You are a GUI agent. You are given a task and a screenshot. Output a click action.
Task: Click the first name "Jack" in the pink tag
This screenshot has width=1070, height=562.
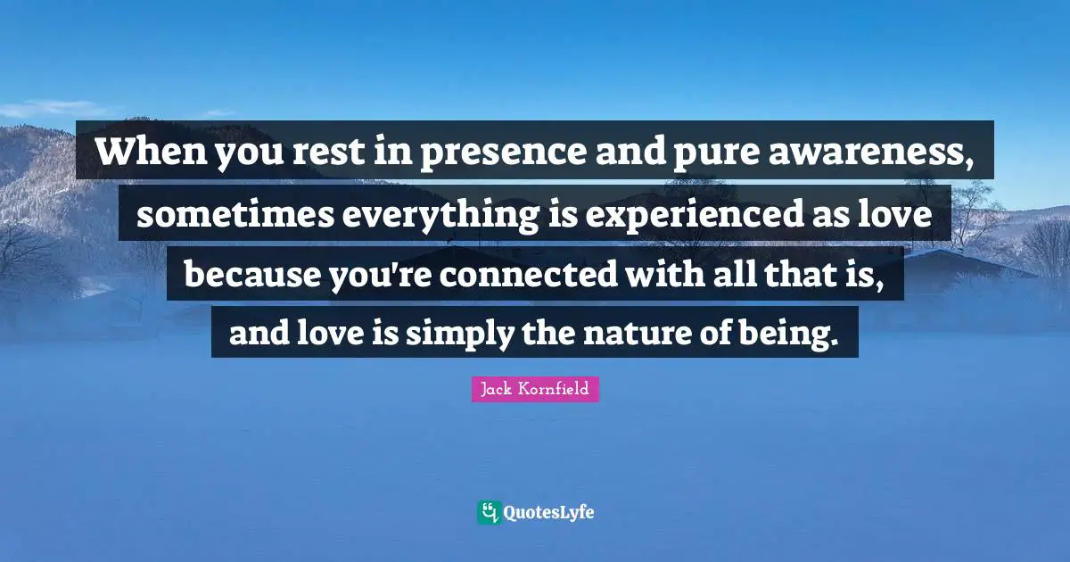[495, 389]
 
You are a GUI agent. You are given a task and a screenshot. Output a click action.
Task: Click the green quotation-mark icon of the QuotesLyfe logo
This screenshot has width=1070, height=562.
[489, 512]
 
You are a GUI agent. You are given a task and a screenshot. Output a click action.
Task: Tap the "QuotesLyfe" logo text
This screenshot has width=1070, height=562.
[549, 513]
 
